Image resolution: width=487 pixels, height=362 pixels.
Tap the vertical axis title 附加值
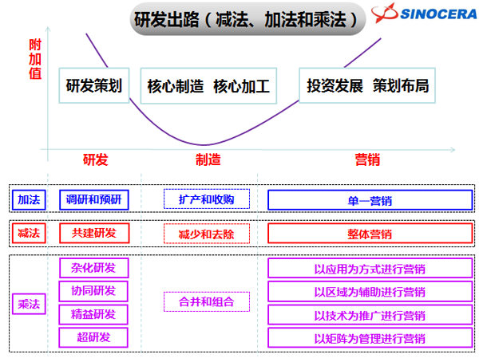[x=33, y=57]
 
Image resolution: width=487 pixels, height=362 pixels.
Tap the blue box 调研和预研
[x=93, y=199]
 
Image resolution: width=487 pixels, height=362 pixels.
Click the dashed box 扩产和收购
[x=207, y=199]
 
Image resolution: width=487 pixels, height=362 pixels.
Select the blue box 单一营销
[x=370, y=200]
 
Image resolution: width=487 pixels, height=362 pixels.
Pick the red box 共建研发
[x=93, y=233]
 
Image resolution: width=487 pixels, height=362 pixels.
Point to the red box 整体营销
[x=370, y=234]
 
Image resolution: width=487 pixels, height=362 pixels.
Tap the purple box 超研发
[x=93, y=336]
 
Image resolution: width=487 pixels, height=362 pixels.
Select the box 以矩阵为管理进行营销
[x=370, y=336]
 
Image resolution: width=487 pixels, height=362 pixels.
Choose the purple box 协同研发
[x=93, y=290]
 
